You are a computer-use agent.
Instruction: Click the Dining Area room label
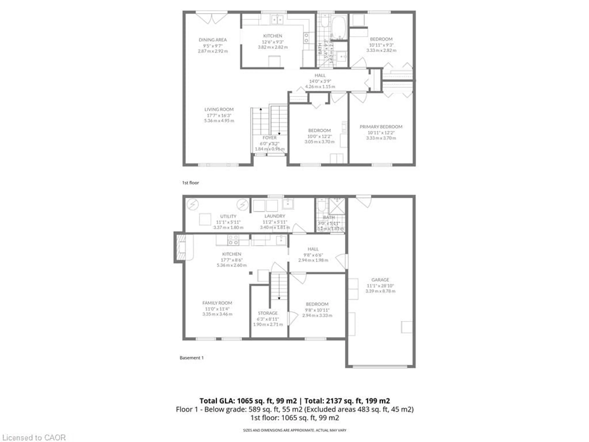point(212,40)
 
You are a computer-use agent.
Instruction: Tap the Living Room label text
point(219,109)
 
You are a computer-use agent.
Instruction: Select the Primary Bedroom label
point(381,127)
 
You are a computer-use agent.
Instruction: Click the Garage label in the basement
point(380,280)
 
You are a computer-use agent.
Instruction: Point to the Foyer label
point(269,138)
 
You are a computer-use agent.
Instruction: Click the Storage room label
point(268,313)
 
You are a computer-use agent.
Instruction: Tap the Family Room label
point(217,303)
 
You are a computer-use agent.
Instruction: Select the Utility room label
point(228,216)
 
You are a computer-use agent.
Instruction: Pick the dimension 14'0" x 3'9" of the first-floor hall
point(320,81)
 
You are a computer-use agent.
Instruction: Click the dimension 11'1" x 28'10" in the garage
point(380,286)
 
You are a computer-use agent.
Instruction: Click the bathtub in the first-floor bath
point(338,27)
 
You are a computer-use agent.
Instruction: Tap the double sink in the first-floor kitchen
point(277,19)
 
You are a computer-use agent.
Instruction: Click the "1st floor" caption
point(190,183)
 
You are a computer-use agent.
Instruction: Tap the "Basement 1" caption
point(191,358)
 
